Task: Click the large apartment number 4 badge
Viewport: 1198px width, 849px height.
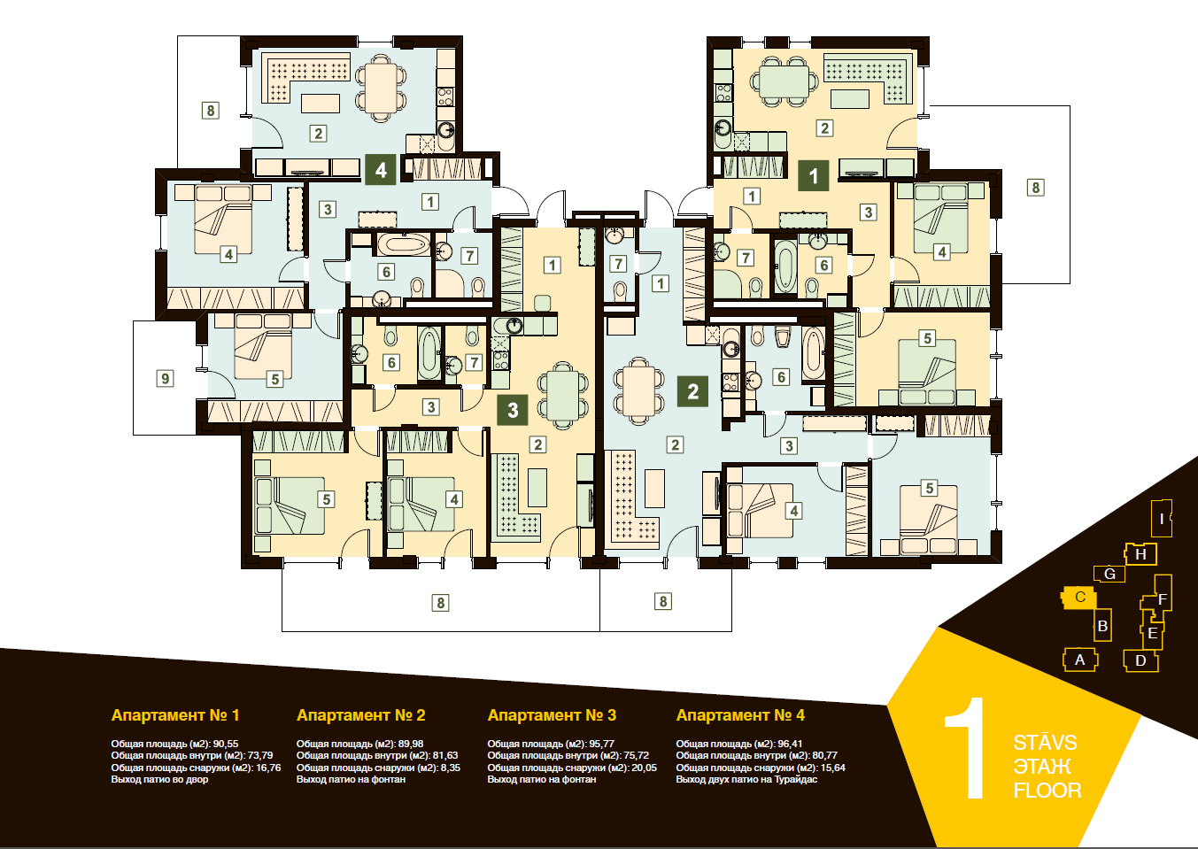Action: [x=380, y=170]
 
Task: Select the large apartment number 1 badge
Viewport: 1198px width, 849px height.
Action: [x=813, y=175]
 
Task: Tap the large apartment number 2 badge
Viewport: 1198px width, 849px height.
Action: [x=692, y=391]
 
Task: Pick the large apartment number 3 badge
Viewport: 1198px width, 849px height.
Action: [x=513, y=410]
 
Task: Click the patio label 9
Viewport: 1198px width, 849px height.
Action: [x=165, y=379]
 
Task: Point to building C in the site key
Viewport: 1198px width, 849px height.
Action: [x=1078, y=598]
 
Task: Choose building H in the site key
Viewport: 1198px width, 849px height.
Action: [x=1140, y=554]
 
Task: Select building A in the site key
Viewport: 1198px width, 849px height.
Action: [x=1080, y=660]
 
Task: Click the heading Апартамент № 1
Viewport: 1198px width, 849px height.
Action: [x=175, y=715]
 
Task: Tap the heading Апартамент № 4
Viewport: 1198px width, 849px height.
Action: [x=740, y=715]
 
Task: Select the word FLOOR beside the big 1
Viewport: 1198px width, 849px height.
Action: [x=1047, y=791]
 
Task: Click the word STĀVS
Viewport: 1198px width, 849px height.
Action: [x=1045, y=742]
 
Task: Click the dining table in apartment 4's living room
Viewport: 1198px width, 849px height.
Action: [x=380, y=87]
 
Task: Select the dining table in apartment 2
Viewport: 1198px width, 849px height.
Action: [x=638, y=390]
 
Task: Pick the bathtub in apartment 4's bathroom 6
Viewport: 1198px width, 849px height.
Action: [x=403, y=245]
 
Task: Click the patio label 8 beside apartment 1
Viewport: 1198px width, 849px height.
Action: [x=1035, y=188]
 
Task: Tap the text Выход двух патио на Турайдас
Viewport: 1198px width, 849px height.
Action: [x=746, y=779]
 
